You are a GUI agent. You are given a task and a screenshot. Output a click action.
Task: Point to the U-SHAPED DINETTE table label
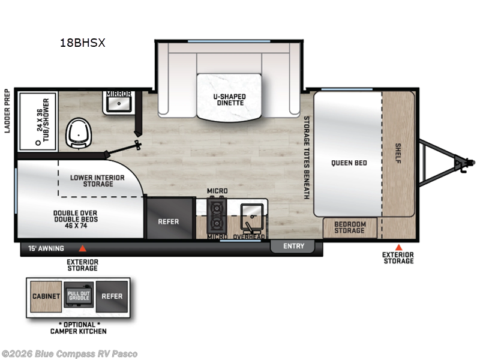pyautogui.click(x=228, y=99)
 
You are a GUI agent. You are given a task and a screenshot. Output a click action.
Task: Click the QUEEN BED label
pyautogui.click(x=349, y=163)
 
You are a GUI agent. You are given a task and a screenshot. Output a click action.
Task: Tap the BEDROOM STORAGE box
pyautogui.click(x=350, y=227)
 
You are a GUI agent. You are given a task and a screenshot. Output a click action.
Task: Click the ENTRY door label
pyautogui.click(x=293, y=246)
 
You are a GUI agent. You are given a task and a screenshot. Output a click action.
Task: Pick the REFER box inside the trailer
pyautogui.click(x=169, y=221)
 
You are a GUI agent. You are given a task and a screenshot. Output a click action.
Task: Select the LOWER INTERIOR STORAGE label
pyautogui.click(x=97, y=181)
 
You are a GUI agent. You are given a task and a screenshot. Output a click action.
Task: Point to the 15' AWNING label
pyautogui.click(x=46, y=248)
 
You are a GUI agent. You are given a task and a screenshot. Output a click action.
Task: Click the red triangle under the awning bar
pyautogui.click(x=83, y=248)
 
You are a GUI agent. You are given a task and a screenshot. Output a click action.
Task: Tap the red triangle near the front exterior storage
pyautogui.click(x=398, y=247)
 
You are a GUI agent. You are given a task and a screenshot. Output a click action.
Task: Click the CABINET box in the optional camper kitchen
pyautogui.click(x=46, y=296)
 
